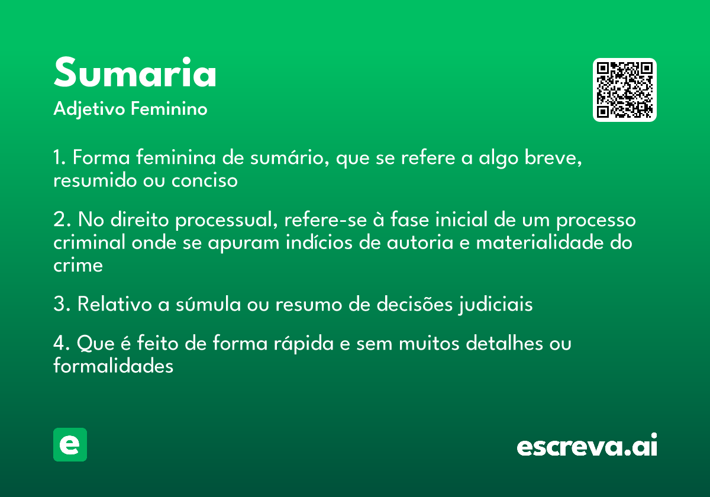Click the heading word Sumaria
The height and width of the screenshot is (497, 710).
click(x=135, y=73)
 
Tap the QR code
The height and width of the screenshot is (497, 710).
click(x=625, y=90)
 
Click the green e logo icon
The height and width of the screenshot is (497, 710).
click(x=70, y=444)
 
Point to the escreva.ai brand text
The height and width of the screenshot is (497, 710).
click(x=587, y=447)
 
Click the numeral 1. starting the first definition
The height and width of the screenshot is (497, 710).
click(x=60, y=159)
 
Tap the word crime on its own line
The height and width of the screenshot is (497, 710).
click(x=78, y=265)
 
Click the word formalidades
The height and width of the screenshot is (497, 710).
click(x=113, y=366)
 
